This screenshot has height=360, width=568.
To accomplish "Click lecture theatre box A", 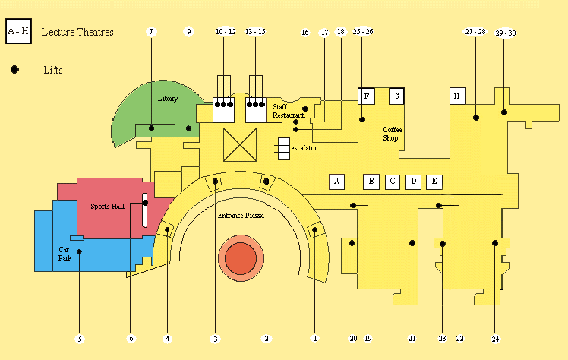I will tap(336, 182).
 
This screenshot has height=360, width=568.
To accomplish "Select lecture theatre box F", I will tap(367, 96).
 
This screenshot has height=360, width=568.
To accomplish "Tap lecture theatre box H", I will tap(456, 96).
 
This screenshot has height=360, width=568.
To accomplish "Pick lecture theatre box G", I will tap(396, 96).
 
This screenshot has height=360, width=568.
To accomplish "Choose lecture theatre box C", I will tap(392, 182).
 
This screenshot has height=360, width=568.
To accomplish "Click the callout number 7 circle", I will tap(151, 32).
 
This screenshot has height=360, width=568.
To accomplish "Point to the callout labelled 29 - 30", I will tap(505, 33).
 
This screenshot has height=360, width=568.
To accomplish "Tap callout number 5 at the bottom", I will tap(80, 338).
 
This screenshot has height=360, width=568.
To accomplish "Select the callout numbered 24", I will tap(495, 338).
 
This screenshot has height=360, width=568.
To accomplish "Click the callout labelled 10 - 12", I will tap(225, 32).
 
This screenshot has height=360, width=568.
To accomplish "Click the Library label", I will tap(168, 99).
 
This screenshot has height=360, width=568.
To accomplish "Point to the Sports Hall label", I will tap(106, 207).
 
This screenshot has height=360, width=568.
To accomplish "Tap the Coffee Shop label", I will tap(391, 134).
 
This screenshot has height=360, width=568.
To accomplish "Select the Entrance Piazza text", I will tap(241, 216).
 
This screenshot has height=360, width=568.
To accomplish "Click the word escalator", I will tap(304, 148).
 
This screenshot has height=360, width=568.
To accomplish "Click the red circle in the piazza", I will tap(241, 259).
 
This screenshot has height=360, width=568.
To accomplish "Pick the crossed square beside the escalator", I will tap(241, 144).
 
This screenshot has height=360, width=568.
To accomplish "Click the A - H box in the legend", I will tap(18, 32).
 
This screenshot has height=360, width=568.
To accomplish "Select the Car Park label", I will tap(65, 254).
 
